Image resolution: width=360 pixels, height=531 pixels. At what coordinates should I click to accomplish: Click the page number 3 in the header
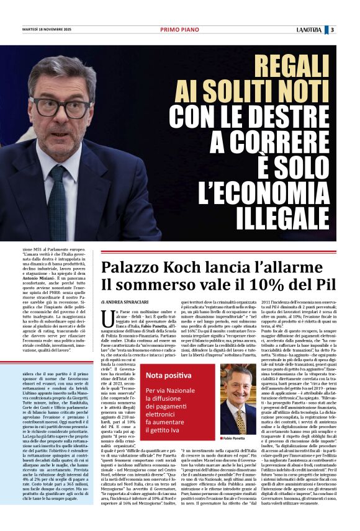tap(332, 30)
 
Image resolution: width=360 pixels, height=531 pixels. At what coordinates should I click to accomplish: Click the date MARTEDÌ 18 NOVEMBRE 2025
tap(48, 30)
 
